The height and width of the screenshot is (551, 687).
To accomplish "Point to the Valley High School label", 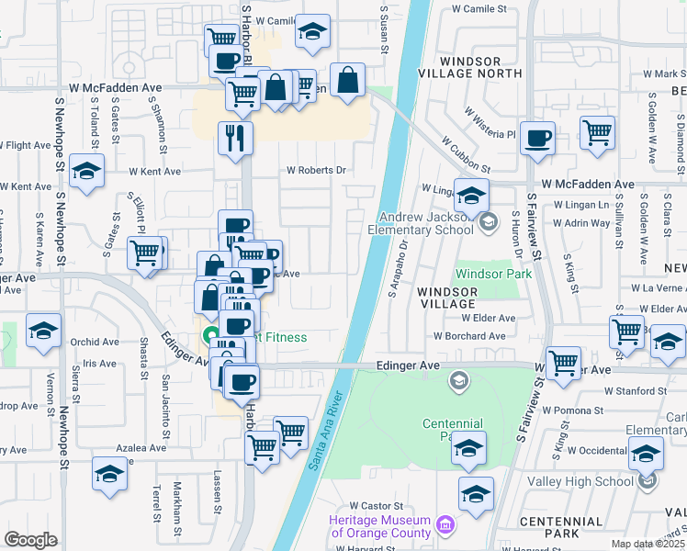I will (x=589, y=480).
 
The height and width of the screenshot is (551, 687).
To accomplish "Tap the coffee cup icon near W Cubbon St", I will (x=537, y=139).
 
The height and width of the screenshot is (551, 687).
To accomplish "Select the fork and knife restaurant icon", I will (x=235, y=138).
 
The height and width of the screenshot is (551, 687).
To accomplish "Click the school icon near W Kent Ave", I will (x=87, y=171).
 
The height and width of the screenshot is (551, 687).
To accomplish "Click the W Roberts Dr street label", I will (x=316, y=170).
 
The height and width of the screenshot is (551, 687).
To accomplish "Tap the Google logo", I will (x=30, y=540).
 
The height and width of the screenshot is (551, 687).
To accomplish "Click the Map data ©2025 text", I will (x=648, y=544).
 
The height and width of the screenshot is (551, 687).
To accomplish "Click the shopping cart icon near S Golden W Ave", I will (x=597, y=132).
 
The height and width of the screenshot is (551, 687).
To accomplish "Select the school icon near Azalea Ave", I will (x=110, y=475).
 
